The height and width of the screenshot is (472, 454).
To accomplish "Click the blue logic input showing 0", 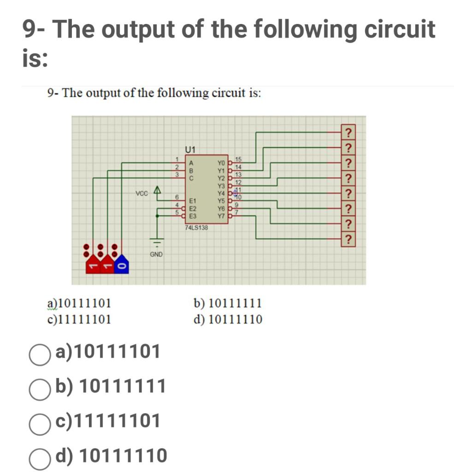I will click(122, 266).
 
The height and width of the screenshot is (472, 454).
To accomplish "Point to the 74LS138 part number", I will click(196, 228).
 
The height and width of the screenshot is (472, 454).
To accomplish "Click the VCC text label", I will click(142, 194).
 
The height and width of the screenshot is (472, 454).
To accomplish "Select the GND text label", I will click(156, 254).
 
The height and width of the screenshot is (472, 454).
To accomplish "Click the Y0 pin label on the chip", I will click(222, 163).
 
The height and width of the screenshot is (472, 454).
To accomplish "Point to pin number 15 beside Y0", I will click(238, 159).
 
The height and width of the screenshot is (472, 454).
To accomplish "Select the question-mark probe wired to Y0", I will click(349, 133).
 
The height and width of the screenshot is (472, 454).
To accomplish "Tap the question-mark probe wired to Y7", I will click(349, 239).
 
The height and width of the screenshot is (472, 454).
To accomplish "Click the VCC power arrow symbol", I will click(158, 189).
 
